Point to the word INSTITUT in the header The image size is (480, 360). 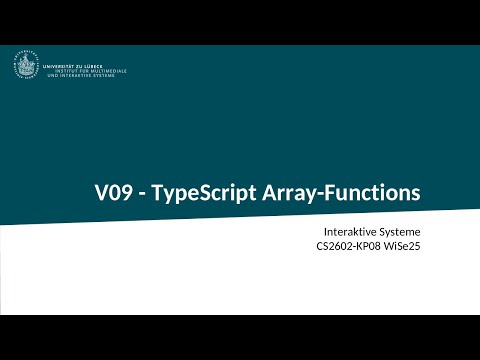[x=57, y=71]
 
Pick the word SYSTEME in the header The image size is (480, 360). [x=104, y=76]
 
